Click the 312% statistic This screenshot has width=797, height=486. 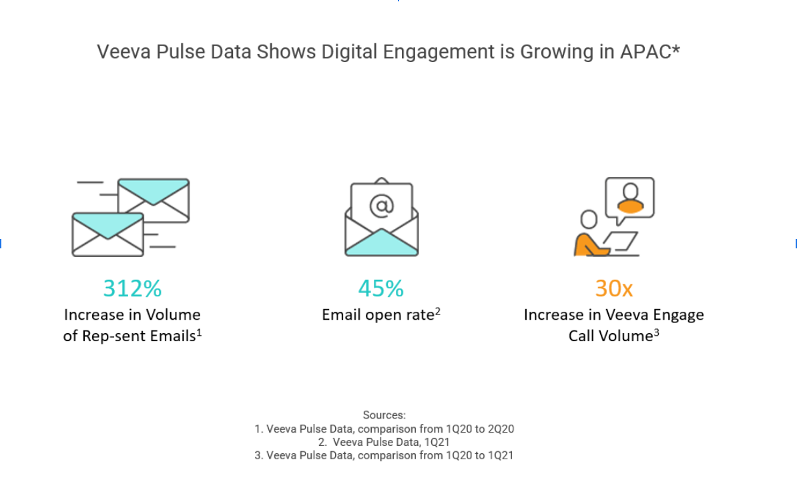pyautogui.click(x=132, y=288)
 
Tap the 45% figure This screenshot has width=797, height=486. pyautogui.click(x=380, y=288)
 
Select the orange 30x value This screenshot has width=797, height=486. pyautogui.click(x=613, y=288)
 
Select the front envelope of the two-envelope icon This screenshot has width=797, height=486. pyautogui.click(x=107, y=234)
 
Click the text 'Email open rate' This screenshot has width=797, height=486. pyautogui.click(x=378, y=314)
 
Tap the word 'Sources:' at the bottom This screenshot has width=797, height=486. pyautogui.click(x=384, y=415)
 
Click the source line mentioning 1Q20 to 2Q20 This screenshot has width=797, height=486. pyautogui.click(x=384, y=429)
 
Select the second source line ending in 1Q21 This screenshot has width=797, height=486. pyautogui.click(x=384, y=442)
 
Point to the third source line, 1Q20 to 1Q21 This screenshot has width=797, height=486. pyautogui.click(x=384, y=455)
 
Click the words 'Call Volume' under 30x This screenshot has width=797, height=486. pyautogui.click(x=609, y=336)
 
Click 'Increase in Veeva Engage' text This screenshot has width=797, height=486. pyautogui.click(x=613, y=314)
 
